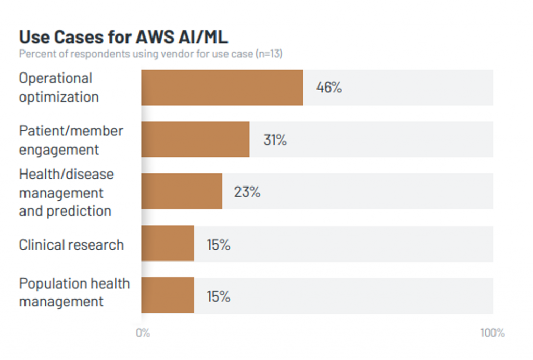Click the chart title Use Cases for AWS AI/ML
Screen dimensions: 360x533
123,38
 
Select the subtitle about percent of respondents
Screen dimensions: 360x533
150,54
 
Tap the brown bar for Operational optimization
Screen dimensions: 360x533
222,88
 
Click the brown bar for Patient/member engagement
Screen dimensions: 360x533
195,140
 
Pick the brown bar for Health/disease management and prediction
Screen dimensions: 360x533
182,192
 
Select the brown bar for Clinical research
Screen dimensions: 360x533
168,243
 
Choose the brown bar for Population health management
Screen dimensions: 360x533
168,295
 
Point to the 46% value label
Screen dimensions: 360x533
329,88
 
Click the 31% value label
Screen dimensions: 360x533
275,140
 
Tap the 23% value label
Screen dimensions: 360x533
247,192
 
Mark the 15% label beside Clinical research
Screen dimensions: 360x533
218,244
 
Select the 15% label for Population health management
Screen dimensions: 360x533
218,296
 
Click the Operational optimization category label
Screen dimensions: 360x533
58,88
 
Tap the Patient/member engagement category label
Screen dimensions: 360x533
71,140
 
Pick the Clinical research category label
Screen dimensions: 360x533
71,245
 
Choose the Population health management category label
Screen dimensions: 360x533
74,292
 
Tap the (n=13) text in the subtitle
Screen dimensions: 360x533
268,54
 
